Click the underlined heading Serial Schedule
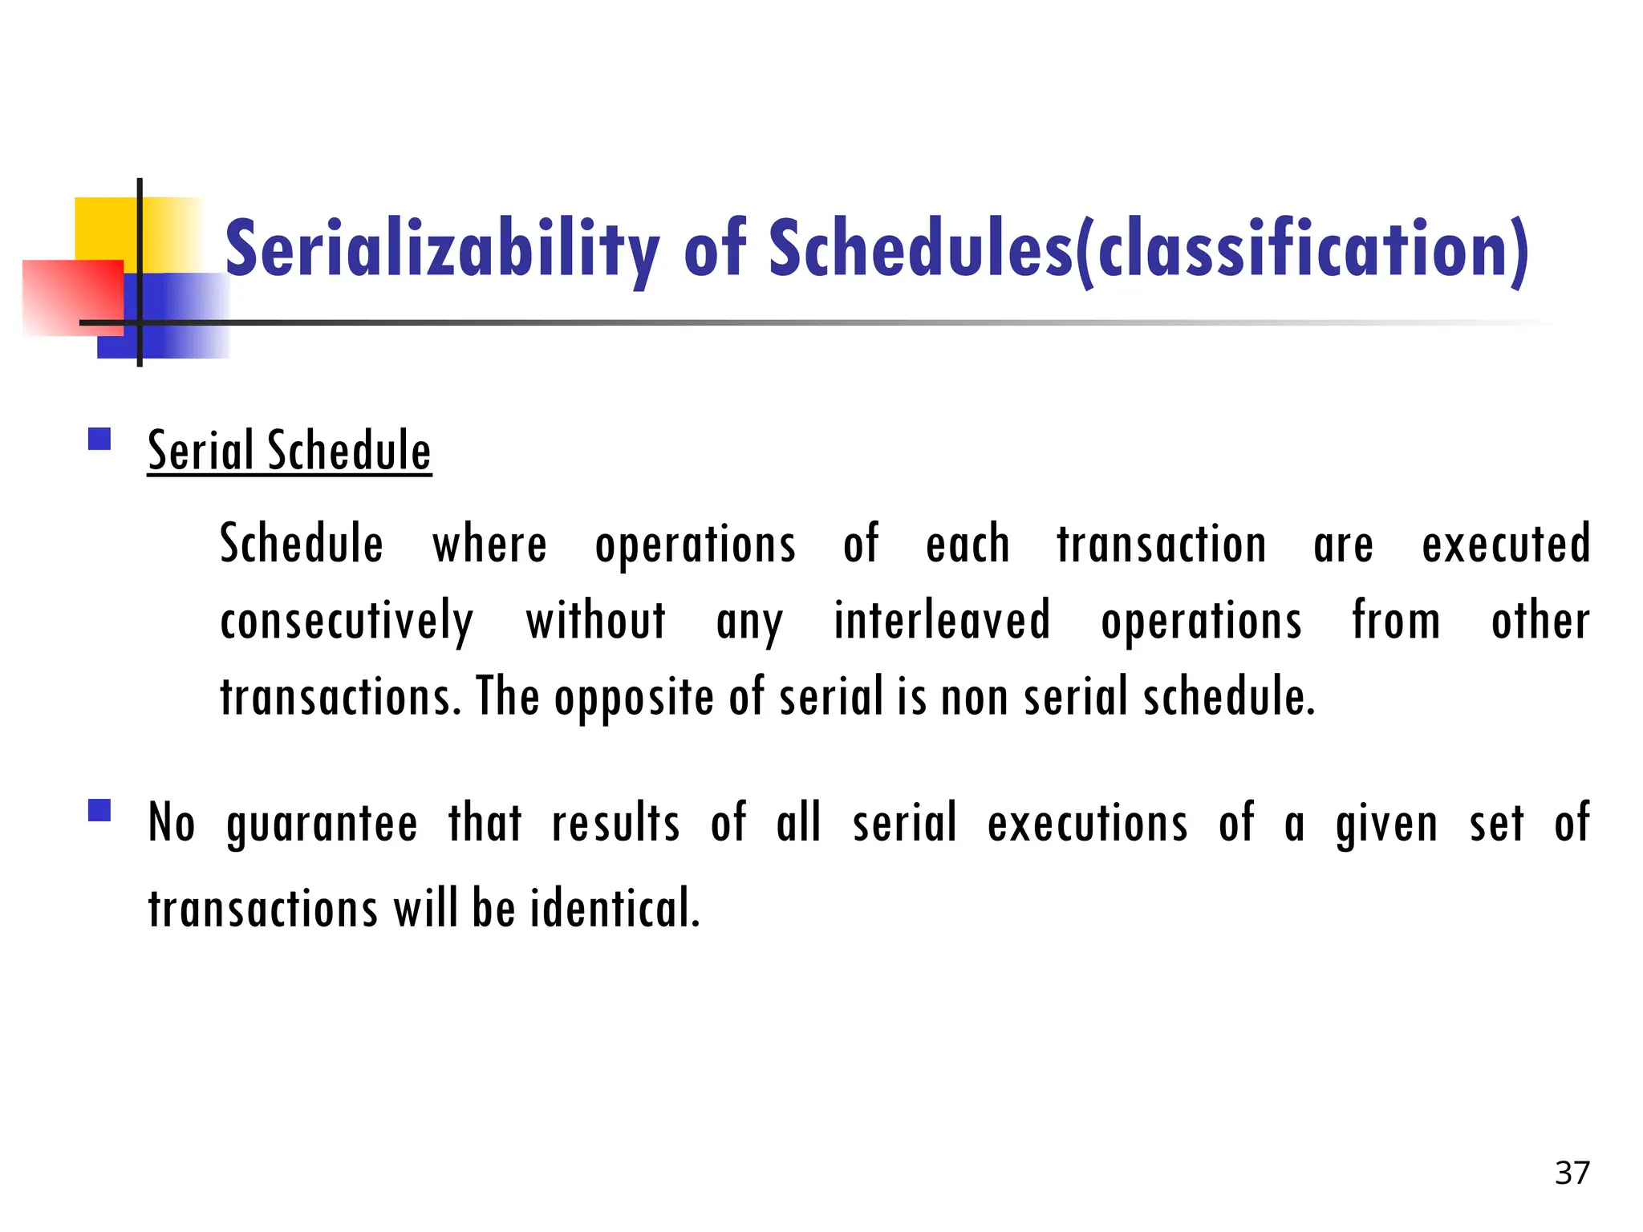(290, 451)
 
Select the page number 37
(1572, 1173)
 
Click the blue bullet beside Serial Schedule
(99, 439)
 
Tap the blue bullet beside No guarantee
(99, 810)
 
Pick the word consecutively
(347, 622)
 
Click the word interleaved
(942, 622)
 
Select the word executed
(1506, 545)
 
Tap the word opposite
(634, 697)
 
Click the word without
(596, 622)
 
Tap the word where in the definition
(489, 545)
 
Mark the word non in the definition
(974, 697)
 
